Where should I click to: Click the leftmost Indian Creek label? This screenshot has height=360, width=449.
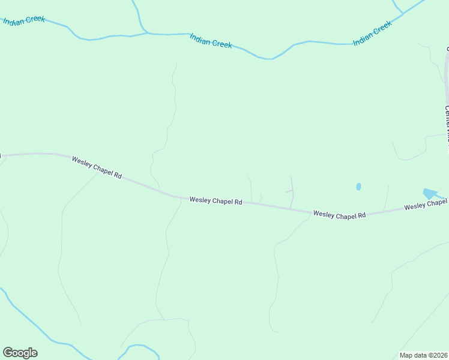click(x=24, y=20)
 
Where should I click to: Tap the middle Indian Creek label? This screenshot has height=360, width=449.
click(x=211, y=41)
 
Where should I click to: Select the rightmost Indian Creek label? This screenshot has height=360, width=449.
click(x=372, y=33)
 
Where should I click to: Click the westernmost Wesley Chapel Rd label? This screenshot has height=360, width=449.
click(x=97, y=167)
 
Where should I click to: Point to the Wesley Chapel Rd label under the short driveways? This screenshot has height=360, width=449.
click(x=215, y=201)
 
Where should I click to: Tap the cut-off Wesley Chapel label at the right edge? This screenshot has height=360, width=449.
click(x=426, y=206)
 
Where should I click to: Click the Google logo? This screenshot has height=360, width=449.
click(x=20, y=352)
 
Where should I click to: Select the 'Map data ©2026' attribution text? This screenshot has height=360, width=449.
click(x=423, y=355)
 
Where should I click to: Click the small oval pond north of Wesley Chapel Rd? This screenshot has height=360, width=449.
click(x=358, y=187)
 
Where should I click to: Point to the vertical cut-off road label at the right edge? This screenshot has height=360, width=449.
click(x=447, y=123)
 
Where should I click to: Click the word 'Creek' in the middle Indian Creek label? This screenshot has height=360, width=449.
click(x=221, y=43)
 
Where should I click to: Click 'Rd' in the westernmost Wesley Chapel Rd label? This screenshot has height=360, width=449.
click(x=118, y=175)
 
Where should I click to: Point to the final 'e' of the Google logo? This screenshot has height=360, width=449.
click(x=34, y=353)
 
